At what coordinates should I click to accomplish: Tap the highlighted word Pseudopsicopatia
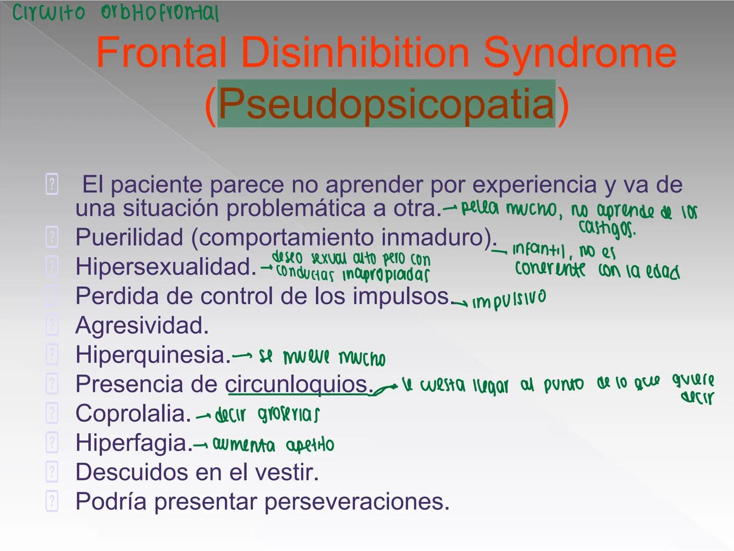click(x=386, y=104)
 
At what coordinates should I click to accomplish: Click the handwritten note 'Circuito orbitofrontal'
click(x=115, y=13)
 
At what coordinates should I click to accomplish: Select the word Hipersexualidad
click(x=165, y=267)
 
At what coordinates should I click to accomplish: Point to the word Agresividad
click(x=142, y=325)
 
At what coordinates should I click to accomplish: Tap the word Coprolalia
click(x=133, y=414)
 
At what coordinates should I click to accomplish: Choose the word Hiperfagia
click(x=134, y=443)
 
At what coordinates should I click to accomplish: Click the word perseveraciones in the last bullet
click(x=357, y=502)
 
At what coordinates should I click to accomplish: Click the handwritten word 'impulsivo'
click(x=509, y=299)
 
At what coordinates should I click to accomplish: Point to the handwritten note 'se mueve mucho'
click(x=322, y=357)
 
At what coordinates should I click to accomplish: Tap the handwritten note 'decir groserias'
click(x=267, y=415)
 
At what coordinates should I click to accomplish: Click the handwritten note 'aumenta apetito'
click(x=273, y=445)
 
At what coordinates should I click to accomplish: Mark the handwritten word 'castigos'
click(x=607, y=229)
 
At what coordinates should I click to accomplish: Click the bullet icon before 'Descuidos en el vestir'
click(x=52, y=472)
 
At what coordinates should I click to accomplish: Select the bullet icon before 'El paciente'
click(x=52, y=184)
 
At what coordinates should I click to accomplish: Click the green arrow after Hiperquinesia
click(x=242, y=356)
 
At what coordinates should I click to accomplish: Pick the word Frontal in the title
click(x=161, y=53)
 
